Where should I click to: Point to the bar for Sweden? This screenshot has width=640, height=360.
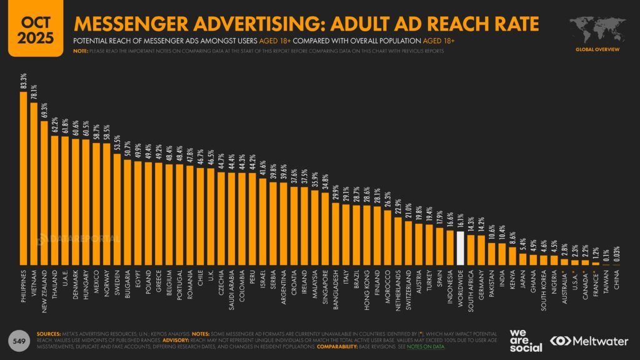point(117,209)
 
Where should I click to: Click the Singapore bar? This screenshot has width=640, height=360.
point(324,229)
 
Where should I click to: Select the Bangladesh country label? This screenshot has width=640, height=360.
point(335,291)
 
